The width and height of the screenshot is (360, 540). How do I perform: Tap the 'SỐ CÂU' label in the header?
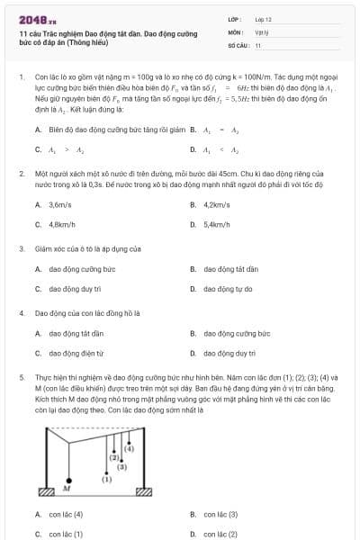point(238,44)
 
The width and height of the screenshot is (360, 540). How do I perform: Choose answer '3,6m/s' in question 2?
point(60,204)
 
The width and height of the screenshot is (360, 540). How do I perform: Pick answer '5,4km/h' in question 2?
point(217,224)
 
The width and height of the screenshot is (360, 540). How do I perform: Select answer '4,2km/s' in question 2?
point(217,204)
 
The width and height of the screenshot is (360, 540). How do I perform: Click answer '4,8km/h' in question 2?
point(62,224)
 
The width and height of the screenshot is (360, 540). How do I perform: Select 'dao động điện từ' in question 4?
point(77,354)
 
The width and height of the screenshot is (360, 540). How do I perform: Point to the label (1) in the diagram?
point(106,480)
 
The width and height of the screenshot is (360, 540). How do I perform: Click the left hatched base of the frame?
point(45,491)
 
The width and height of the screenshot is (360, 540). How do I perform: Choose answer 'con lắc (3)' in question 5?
point(220,514)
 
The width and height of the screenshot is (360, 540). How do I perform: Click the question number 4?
point(22,313)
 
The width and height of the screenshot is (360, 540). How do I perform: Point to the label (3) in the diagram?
point(121,467)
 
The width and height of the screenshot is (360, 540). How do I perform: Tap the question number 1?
point(22,76)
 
